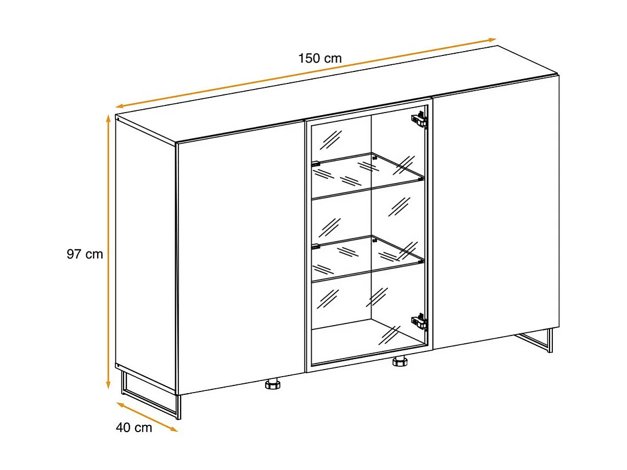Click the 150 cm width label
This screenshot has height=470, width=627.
click(x=320, y=58)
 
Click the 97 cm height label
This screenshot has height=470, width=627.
click(x=85, y=254)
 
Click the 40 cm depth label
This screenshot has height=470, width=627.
click(x=134, y=428)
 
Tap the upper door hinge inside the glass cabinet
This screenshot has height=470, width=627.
click(x=419, y=120)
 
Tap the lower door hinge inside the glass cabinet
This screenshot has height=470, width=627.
click(x=419, y=322)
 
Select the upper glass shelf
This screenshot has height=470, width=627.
click(x=368, y=175)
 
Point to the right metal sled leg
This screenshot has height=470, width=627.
click(x=535, y=340)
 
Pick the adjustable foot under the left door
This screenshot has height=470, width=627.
click(x=273, y=384)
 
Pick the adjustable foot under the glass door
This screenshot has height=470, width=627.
click(x=399, y=362)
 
